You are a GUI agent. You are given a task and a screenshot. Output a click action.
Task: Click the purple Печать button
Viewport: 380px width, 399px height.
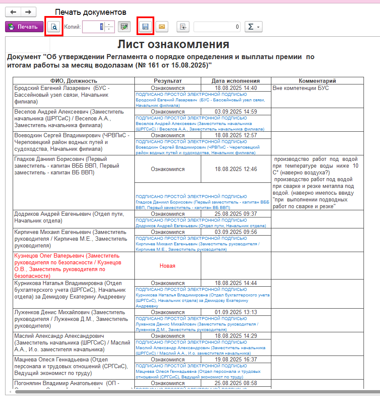[x=24, y=27]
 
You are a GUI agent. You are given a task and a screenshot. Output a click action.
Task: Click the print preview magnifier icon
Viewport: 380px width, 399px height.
[x=54, y=27]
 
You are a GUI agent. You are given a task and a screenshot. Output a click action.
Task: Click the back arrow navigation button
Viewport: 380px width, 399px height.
[x=13, y=12]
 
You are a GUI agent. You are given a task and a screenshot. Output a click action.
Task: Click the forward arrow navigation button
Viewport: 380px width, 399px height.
[x=28, y=12]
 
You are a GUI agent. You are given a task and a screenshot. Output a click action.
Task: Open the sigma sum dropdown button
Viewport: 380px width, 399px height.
[x=254, y=27]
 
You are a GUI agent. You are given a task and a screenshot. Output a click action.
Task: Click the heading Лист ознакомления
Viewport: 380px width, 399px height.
[x=173, y=45]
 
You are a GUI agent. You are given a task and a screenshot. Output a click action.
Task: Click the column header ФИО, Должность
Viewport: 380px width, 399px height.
[x=74, y=81]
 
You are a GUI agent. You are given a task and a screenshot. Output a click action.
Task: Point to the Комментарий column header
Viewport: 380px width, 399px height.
[x=317, y=81]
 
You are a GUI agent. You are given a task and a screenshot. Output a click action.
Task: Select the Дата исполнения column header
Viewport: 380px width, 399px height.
[x=236, y=81]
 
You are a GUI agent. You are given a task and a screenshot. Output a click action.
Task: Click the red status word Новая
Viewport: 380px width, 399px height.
[x=167, y=266]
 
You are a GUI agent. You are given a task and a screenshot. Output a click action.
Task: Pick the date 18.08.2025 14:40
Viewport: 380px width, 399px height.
[x=236, y=88]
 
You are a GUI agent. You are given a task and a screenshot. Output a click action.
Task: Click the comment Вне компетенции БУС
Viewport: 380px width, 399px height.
[x=301, y=88]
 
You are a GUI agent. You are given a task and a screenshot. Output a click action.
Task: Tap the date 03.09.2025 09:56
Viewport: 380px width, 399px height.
[x=236, y=232]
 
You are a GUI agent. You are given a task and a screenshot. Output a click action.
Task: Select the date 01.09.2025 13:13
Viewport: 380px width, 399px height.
[x=236, y=312]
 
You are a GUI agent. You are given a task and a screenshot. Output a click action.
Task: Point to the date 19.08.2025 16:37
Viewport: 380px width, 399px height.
[x=236, y=359]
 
